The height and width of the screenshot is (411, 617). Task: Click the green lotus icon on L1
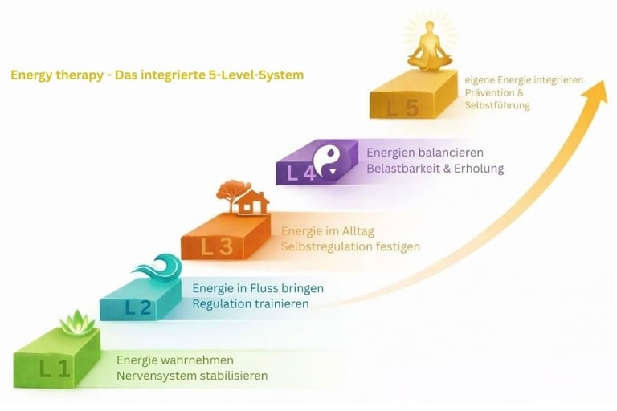78,323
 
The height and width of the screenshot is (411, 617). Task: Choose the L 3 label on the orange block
217,247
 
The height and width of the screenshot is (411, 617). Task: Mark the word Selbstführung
497,105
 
